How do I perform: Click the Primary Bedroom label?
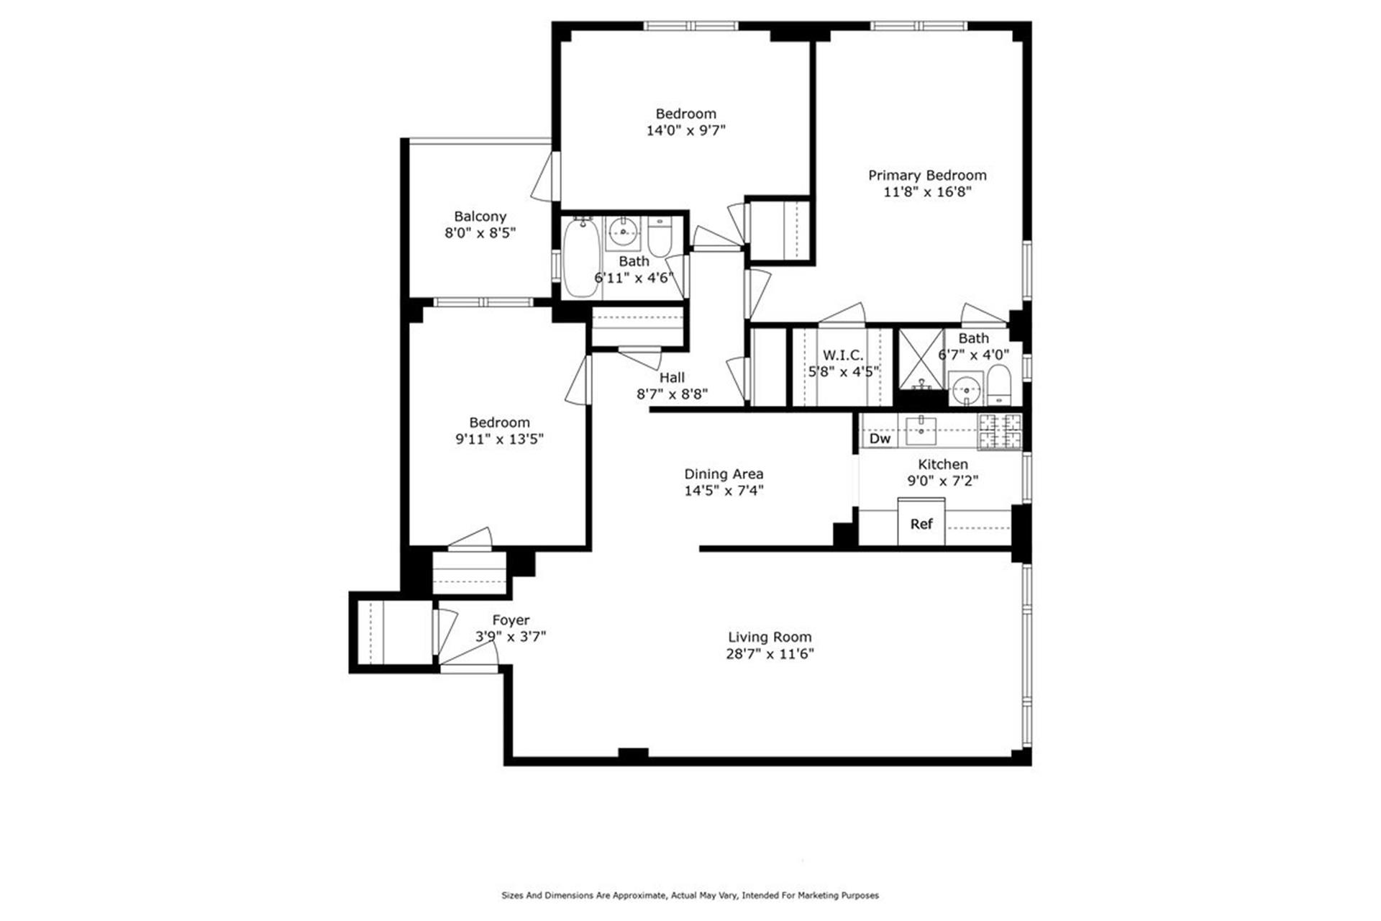pyautogui.click(x=926, y=175)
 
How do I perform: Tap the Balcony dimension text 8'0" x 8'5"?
pyautogui.click(x=480, y=233)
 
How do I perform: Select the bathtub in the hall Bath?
pyautogui.click(x=580, y=259)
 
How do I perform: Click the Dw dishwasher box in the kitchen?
pyautogui.click(x=879, y=438)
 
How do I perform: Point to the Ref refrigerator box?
pyautogui.click(x=921, y=523)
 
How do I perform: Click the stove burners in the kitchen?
pyautogui.click(x=1000, y=431)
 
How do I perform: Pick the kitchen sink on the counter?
pyautogui.click(x=921, y=430)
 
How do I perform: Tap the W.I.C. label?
pyautogui.click(x=843, y=355)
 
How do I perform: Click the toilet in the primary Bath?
pyautogui.click(x=998, y=386)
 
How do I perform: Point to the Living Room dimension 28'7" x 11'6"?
pyautogui.click(x=770, y=654)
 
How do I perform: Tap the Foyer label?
pyautogui.click(x=511, y=620)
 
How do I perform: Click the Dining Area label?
pyautogui.click(x=724, y=473)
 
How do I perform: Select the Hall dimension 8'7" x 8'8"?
pyautogui.click(x=672, y=394)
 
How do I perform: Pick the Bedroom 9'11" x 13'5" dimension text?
pyautogui.click(x=499, y=439)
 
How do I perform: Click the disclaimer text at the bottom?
pyautogui.click(x=690, y=896)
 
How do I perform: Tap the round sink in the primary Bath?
pyautogui.click(x=965, y=389)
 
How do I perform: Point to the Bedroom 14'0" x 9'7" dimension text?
pyautogui.click(x=685, y=130)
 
